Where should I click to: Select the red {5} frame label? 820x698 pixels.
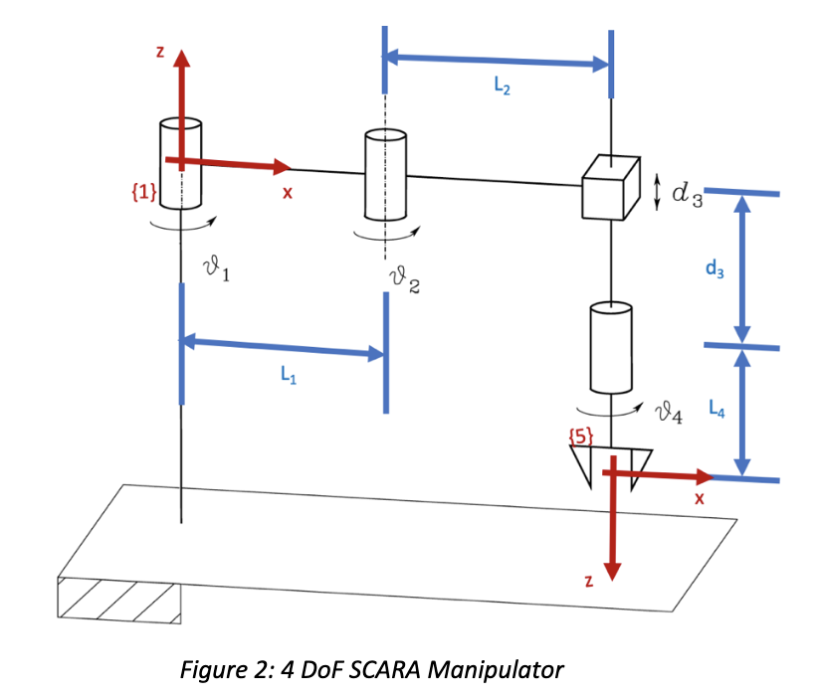coord(580,434)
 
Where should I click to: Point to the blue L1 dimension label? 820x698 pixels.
coord(288,376)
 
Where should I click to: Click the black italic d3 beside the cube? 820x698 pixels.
coord(688,196)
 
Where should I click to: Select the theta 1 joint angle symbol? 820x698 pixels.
coord(216,266)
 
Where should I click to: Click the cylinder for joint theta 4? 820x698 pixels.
coord(611,348)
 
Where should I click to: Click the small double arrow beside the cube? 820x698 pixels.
coord(656,193)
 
